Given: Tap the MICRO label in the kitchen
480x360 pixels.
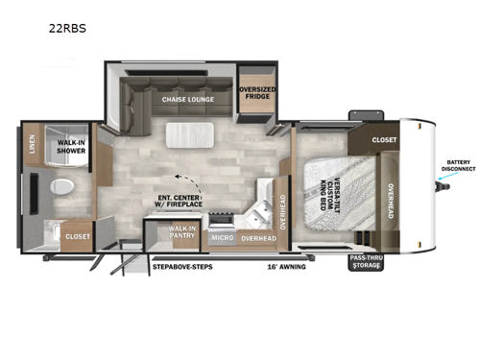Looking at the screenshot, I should pos(221,237).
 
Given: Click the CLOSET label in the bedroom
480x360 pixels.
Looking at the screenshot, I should pos(383,138).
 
